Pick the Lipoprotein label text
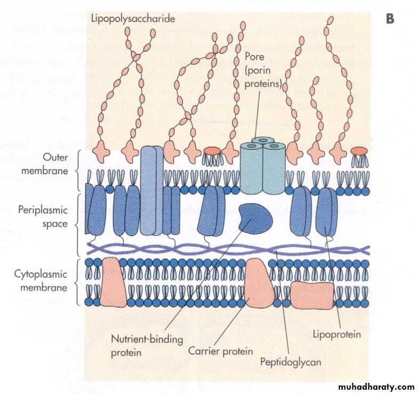[x=336, y=335]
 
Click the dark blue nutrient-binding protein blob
[x=255, y=218]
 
